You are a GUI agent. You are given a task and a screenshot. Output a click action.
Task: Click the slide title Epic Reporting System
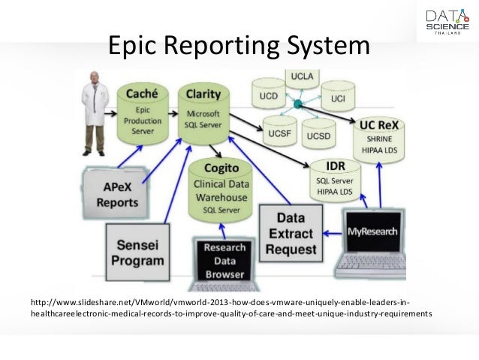click(239, 46)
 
